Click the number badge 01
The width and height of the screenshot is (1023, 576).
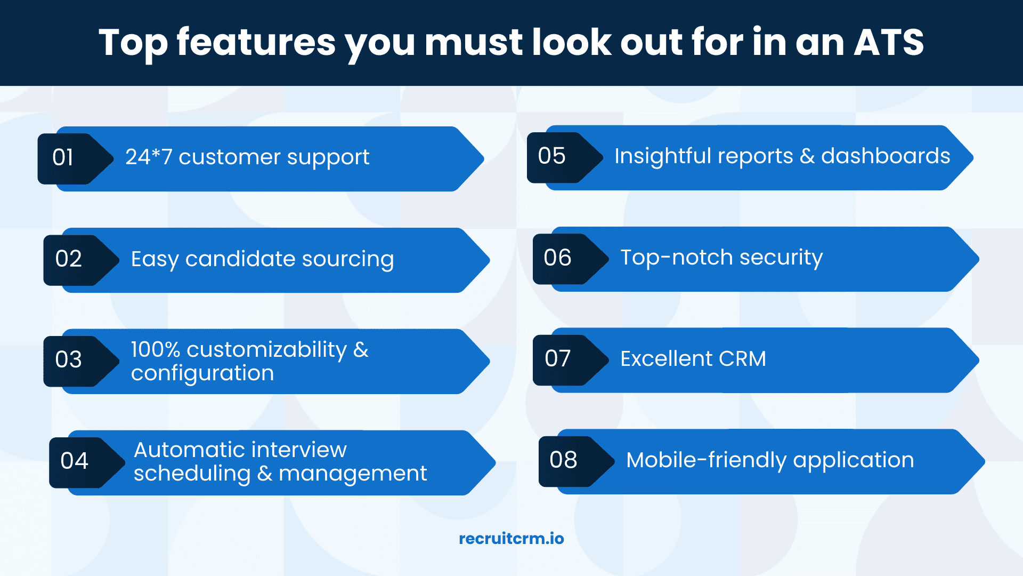click(x=75, y=159)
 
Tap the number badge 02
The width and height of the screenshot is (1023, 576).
click(x=80, y=260)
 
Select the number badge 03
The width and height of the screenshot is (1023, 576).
click(x=80, y=361)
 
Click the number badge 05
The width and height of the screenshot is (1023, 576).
click(x=564, y=157)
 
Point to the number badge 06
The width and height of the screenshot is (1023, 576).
click(x=570, y=259)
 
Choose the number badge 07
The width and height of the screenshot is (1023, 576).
click(x=570, y=360)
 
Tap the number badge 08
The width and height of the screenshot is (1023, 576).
click(x=576, y=461)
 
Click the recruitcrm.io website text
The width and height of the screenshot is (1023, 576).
click(x=511, y=539)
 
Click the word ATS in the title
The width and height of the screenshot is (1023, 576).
click(x=889, y=42)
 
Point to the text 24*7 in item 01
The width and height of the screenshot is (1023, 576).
click(x=149, y=157)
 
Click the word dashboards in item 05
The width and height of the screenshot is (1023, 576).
click(x=886, y=156)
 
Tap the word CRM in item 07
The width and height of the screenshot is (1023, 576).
click(x=742, y=358)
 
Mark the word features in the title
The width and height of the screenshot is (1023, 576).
click(x=256, y=42)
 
